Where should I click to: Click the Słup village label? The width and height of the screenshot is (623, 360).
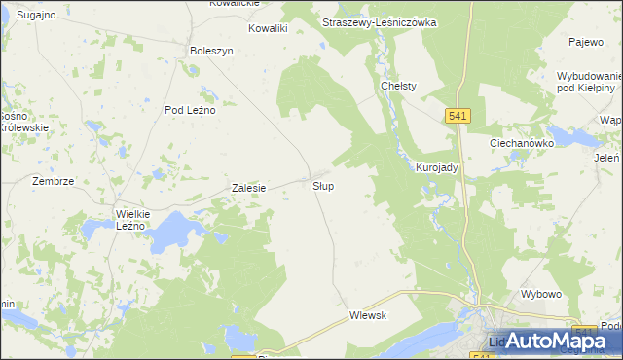[324, 185]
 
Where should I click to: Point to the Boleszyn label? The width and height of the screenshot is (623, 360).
[212, 51]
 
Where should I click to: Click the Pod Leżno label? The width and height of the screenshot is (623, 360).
[190, 110]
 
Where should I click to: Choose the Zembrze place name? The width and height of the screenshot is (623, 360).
[53, 181]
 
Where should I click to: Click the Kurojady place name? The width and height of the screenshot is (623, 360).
[437, 167]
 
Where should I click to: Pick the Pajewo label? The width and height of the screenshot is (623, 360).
[587, 42]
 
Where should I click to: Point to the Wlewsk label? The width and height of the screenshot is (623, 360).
[369, 315]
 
